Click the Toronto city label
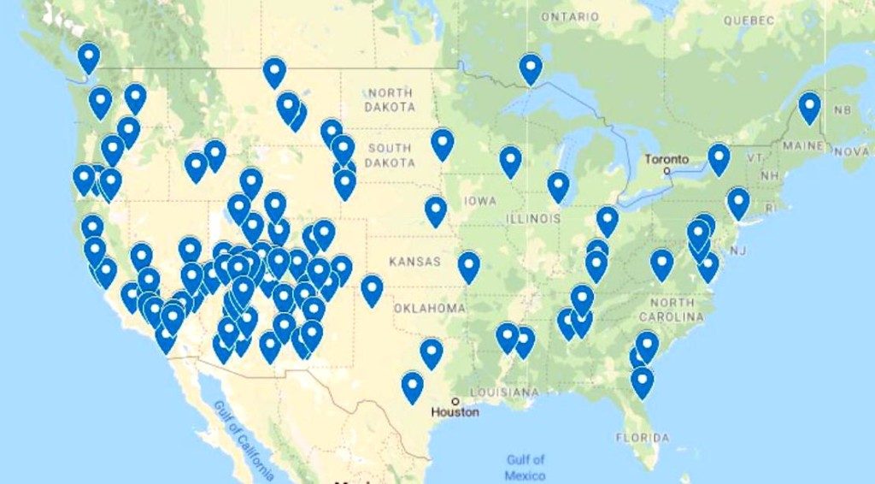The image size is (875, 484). click(667, 159)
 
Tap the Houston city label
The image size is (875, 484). click(455, 411)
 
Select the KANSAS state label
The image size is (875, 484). click(414, 261)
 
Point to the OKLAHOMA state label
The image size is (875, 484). click(430, 308)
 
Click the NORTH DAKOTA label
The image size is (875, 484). click(390, 99)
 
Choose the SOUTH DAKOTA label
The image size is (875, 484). click(391, 155)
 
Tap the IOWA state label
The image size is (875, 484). click(480, 201)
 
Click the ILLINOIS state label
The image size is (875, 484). click(532, 219)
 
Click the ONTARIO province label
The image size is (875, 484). click(570, 17)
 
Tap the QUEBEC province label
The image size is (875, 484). click(749, 20)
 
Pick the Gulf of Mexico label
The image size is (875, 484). click(526, 467)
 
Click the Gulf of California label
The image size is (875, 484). click(244, 440)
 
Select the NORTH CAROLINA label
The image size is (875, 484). click(672, 310)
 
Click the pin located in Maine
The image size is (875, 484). click(809, 107)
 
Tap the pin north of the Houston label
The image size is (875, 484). click(412, 386)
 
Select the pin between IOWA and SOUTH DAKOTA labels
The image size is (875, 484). click(442, 144)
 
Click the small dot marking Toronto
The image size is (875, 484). click(667, 170)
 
